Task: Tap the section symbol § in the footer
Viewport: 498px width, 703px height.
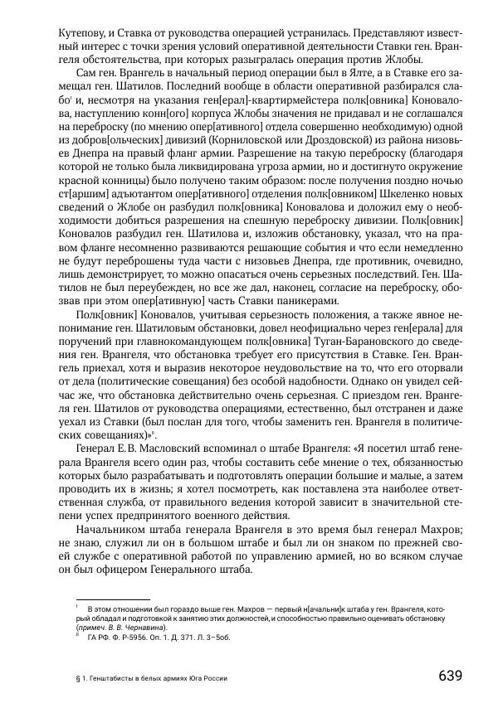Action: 77,678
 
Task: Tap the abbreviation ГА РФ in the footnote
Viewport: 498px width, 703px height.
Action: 98,638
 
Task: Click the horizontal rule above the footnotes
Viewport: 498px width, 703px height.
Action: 112,599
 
